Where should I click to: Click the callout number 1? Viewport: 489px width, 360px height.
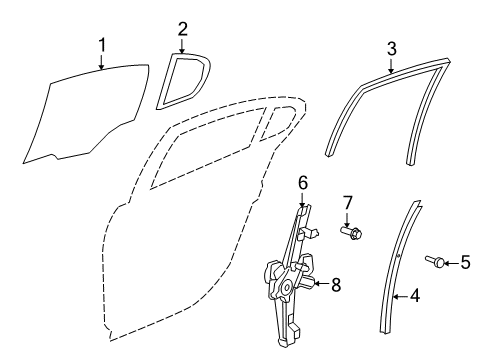(x=102, y=43)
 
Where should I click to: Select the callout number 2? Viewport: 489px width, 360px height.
(x=182, y=28)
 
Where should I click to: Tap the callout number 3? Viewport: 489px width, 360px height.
(x=391, y=47)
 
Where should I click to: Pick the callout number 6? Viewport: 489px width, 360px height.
(x=302, y=183)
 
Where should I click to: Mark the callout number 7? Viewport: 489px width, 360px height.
(x=347, y=205)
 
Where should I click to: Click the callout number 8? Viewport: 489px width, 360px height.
(x=335, y=284)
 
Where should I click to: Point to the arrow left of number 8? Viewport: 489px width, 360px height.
(x=320, y=284)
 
